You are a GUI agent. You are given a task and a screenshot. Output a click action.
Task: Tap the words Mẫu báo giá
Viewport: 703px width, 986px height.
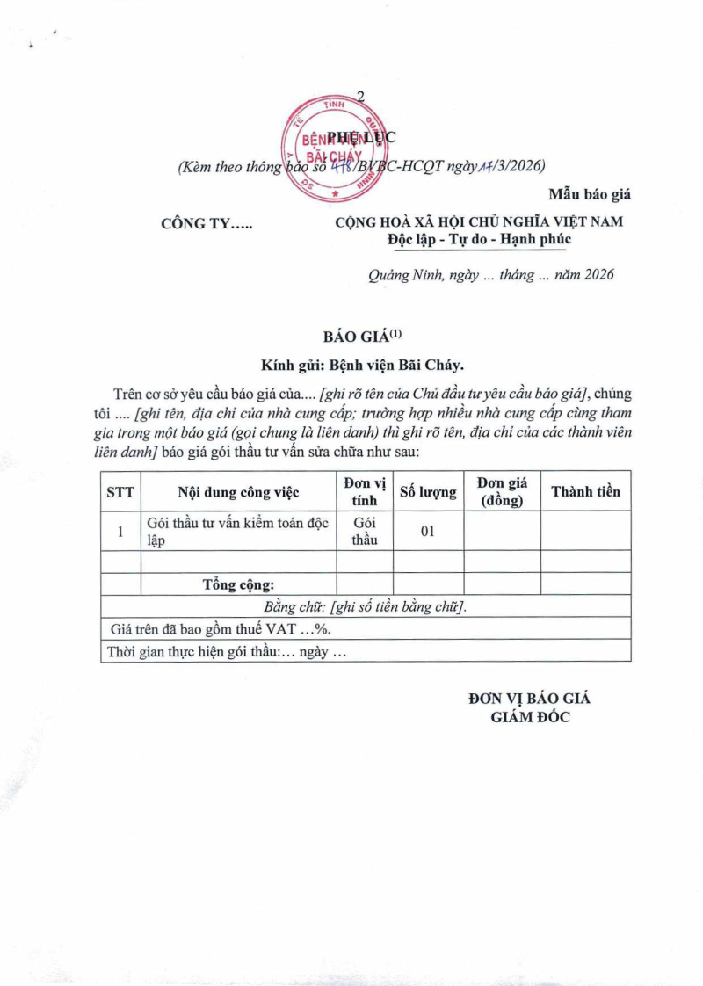click(x=590, y=193)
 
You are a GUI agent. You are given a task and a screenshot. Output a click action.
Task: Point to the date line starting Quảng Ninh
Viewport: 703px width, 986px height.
click(x=490, y=275)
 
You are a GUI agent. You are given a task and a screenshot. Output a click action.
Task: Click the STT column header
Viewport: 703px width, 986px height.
click(x=120, y=492)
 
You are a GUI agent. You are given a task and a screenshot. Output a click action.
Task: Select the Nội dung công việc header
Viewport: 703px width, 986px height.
click(x=238, y=492)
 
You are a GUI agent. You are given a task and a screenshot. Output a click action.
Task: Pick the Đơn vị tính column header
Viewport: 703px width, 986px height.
click(x=365, y=492)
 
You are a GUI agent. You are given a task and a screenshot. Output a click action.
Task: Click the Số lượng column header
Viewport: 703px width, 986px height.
click(x=428, y=492)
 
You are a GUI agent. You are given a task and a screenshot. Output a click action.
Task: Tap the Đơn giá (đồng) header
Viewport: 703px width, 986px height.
click(x=501, y=492)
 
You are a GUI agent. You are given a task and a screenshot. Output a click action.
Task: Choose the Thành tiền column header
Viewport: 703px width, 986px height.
click(x=585, y=492)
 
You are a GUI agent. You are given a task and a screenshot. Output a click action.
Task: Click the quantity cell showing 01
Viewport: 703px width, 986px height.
click(x=428, y=532)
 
